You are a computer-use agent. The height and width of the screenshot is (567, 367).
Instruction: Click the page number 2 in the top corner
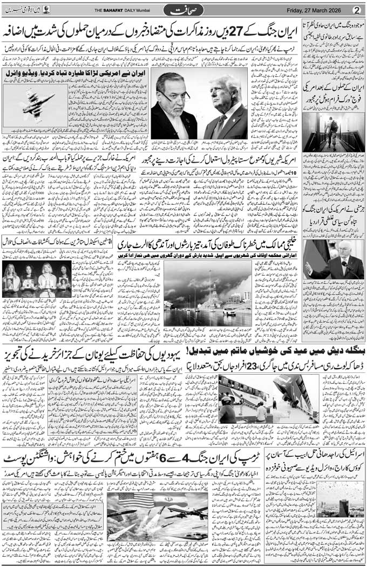[356, 10]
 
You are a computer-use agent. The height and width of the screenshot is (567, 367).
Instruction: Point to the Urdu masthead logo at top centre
[183, 10]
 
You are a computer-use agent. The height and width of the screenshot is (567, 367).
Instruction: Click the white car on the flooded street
[229, 312]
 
